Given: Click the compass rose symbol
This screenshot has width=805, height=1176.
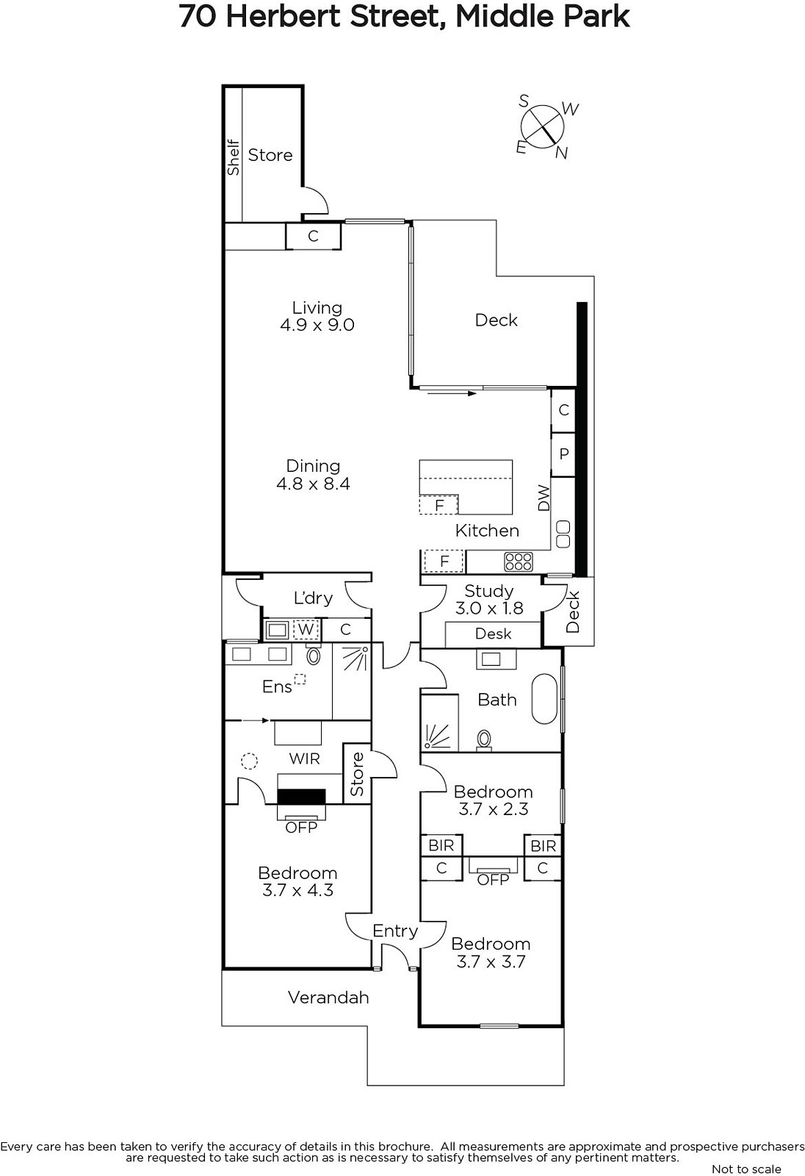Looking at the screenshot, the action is [543, 126].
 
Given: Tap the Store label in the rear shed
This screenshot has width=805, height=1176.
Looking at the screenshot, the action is [270, 155].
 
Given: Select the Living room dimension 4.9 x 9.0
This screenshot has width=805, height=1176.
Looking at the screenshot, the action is [317, 325].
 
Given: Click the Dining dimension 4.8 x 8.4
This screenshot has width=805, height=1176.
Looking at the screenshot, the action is [314, 484].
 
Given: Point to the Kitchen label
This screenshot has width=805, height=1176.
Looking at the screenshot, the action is [487, 531].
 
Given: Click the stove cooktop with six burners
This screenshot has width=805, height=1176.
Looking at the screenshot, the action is [519, 562].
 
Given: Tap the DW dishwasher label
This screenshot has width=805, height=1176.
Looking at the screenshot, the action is [544, 498].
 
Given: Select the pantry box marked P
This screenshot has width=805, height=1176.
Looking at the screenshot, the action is [563, 454].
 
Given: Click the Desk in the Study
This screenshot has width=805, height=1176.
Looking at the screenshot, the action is [493, 634].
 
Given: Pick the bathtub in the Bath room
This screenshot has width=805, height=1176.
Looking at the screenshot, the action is [546, 699].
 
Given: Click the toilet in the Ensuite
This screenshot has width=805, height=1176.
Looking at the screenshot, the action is [314, 655].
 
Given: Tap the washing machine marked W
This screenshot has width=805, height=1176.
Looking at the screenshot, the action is [306, 629].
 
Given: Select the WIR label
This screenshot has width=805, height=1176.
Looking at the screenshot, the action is [304, 759].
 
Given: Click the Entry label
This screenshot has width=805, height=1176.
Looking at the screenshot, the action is [395, 931].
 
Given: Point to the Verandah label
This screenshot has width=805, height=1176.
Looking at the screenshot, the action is [328, 997].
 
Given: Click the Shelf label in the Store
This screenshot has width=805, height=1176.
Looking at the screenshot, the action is [233, 157].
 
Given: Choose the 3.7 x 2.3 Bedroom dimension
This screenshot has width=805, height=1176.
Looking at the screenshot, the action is [494, 809].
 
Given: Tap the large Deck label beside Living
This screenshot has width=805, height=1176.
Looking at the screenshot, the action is [496, 320].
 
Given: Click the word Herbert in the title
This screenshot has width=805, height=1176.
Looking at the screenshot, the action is [286, 16].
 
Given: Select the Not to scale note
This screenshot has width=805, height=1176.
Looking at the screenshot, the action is [746, 1169].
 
